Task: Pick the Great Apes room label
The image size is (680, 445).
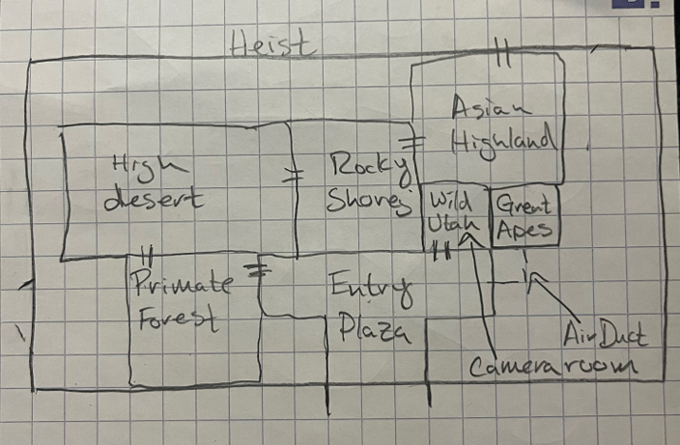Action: point(525,218)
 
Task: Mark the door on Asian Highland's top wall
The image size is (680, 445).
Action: point(501,53)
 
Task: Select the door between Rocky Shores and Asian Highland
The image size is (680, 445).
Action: point(416,142)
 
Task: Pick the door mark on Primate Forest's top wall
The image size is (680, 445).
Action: point(146,255)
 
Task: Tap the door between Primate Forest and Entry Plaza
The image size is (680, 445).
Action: point(258,269)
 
